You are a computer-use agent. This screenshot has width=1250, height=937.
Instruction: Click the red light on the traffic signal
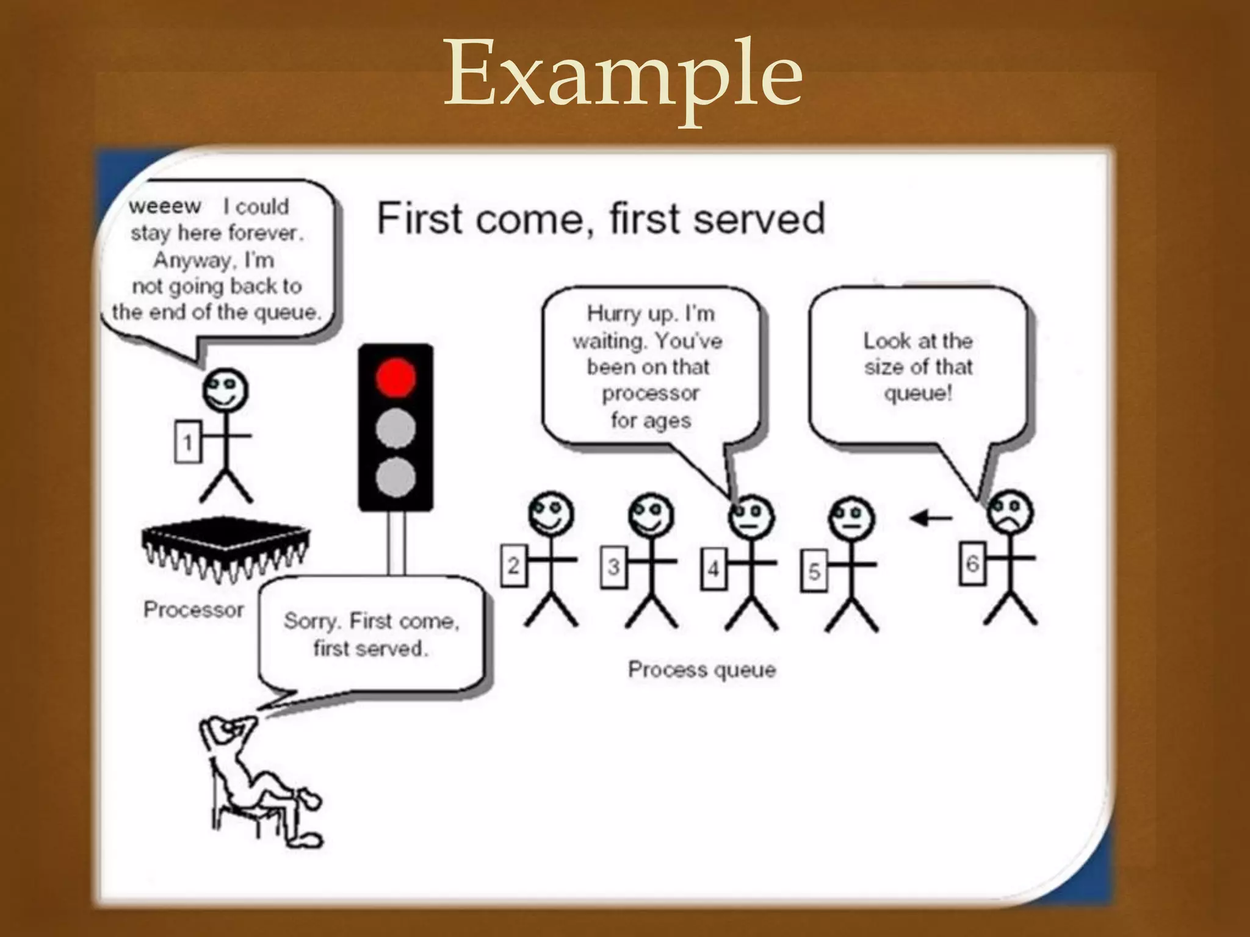pos(396,377)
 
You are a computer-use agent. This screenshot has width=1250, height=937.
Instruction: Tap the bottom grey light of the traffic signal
pos(396,477)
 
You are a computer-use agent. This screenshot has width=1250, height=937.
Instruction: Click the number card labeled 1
pos(187,441)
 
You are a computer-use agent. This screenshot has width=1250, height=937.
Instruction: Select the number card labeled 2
pos(513,567)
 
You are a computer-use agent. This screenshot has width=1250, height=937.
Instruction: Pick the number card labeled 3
pos(613,567)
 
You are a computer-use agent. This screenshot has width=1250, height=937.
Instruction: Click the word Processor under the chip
pos(193,609)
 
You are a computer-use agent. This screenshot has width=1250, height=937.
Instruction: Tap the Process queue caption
pos(702,670)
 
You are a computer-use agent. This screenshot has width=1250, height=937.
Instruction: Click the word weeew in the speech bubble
pos(165,206)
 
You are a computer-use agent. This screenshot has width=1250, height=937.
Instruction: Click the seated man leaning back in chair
pos(256,781)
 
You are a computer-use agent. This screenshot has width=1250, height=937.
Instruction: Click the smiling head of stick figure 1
pos(225,390)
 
